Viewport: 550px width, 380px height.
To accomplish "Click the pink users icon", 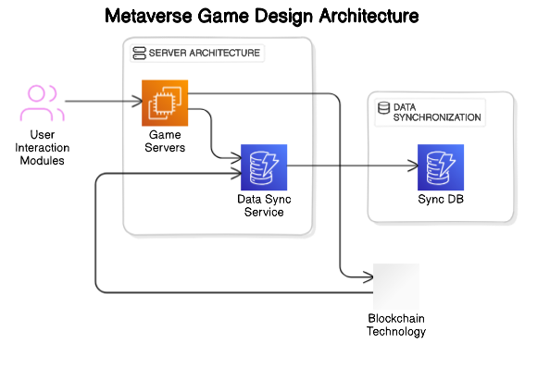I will point(43,104).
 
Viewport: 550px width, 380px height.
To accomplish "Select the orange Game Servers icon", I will point(165,103).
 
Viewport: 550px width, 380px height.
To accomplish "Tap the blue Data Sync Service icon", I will point(263,167).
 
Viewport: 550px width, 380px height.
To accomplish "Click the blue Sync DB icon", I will point(440,167).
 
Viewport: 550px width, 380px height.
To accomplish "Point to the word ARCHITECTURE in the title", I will point(221,54).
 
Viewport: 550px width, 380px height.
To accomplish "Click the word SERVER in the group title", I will point(165,54).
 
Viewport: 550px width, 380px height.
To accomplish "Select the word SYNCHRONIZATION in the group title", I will point(437,118).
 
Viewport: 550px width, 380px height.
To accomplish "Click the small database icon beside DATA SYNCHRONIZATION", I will point(383,108).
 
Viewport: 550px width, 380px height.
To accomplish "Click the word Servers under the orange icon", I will point(166,148).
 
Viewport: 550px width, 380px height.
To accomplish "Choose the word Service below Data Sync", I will point(263,213).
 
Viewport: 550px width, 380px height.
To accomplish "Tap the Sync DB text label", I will point(440,201).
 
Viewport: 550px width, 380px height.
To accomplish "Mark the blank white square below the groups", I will point(396,287).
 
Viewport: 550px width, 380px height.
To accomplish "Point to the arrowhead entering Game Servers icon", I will point(136,103).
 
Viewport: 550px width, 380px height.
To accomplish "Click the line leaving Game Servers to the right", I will point(250,93).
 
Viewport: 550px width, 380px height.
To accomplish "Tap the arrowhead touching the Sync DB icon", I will point(413,166).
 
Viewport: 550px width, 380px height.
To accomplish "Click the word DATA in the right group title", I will point(406,107).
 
